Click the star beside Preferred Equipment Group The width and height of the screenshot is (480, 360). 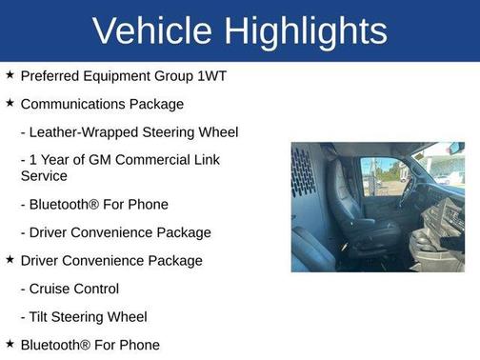10,74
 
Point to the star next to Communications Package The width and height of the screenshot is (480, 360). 10,103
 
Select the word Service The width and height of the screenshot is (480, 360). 44,176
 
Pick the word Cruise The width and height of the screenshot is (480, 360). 53,289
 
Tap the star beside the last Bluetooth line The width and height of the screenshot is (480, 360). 10,344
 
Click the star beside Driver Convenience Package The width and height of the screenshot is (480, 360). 10,260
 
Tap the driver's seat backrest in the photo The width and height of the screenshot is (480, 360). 345,190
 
